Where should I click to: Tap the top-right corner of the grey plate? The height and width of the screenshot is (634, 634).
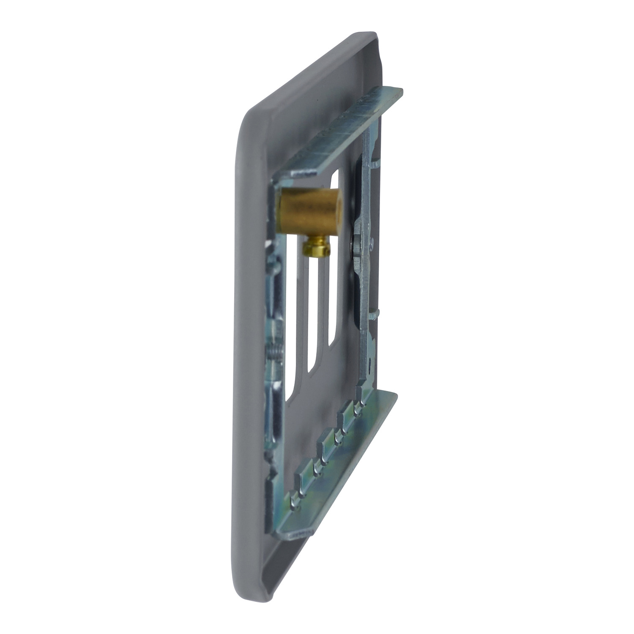[372, 36]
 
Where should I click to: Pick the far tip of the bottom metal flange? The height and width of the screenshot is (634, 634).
[395, 394]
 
